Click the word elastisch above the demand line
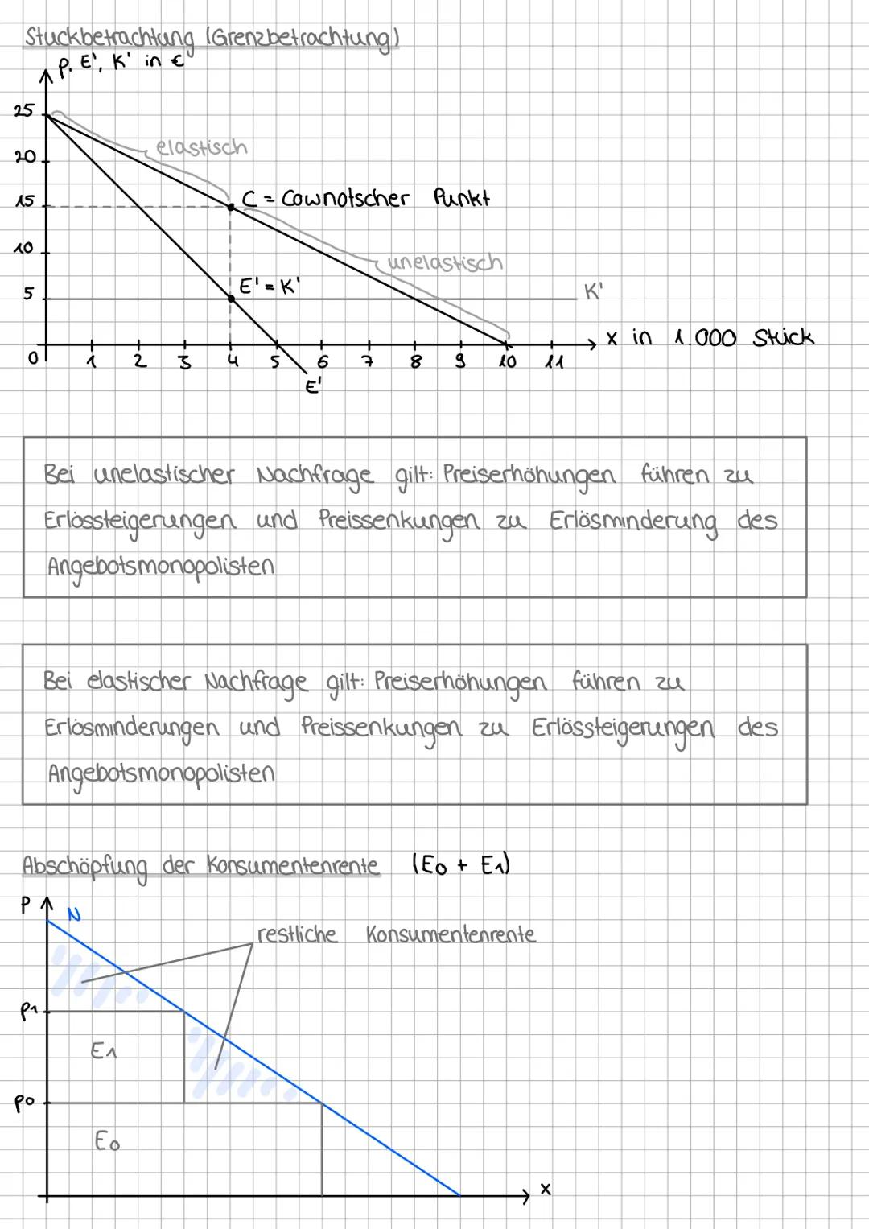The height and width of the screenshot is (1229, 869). pos(201,147)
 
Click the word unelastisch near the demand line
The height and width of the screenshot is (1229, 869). pos(444,262)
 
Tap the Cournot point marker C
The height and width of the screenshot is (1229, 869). pos(231,207)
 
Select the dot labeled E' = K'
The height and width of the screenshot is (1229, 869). pos(231,299)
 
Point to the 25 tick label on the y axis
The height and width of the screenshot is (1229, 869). pos(24,111)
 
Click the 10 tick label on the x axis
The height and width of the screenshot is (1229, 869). pos(507,362)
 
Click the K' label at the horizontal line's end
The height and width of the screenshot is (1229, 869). pos(593,291)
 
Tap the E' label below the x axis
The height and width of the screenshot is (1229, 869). pos(313,387)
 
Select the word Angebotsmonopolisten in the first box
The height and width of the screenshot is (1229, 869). pos(160,567)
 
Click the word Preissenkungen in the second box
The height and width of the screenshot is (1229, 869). pos(381,727)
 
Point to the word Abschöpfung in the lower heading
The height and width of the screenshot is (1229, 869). pos(85,867)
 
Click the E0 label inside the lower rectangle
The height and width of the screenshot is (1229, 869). pos(107,1141)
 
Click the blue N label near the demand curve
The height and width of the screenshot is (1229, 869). pos(74,914)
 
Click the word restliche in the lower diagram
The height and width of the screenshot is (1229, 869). pos(297,934)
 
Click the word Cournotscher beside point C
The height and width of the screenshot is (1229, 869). pos(345,198)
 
